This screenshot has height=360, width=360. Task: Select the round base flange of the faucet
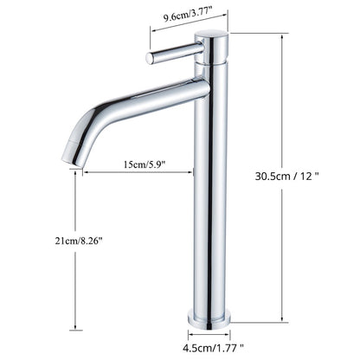[209, 313]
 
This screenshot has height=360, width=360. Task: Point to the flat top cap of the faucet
[209, 35]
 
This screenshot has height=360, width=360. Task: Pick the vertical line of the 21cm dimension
[75, 277]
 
